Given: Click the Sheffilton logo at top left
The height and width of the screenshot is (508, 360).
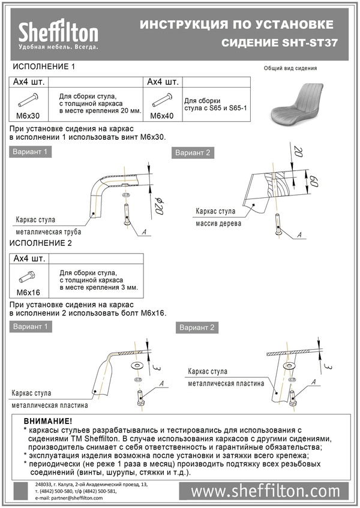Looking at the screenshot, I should (58, 34).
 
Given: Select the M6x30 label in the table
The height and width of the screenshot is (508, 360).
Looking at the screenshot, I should (27, 115).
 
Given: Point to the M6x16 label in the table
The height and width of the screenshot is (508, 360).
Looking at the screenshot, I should (27, 293).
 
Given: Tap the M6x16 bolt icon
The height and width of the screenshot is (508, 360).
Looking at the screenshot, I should (28, 277).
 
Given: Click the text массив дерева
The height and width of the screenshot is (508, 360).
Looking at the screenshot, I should (218, 224).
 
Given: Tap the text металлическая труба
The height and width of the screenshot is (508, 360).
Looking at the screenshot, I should (49, 232).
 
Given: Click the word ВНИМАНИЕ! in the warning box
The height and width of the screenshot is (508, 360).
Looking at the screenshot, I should (48, 422).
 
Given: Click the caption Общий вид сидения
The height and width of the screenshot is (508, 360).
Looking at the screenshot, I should (290, 68).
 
